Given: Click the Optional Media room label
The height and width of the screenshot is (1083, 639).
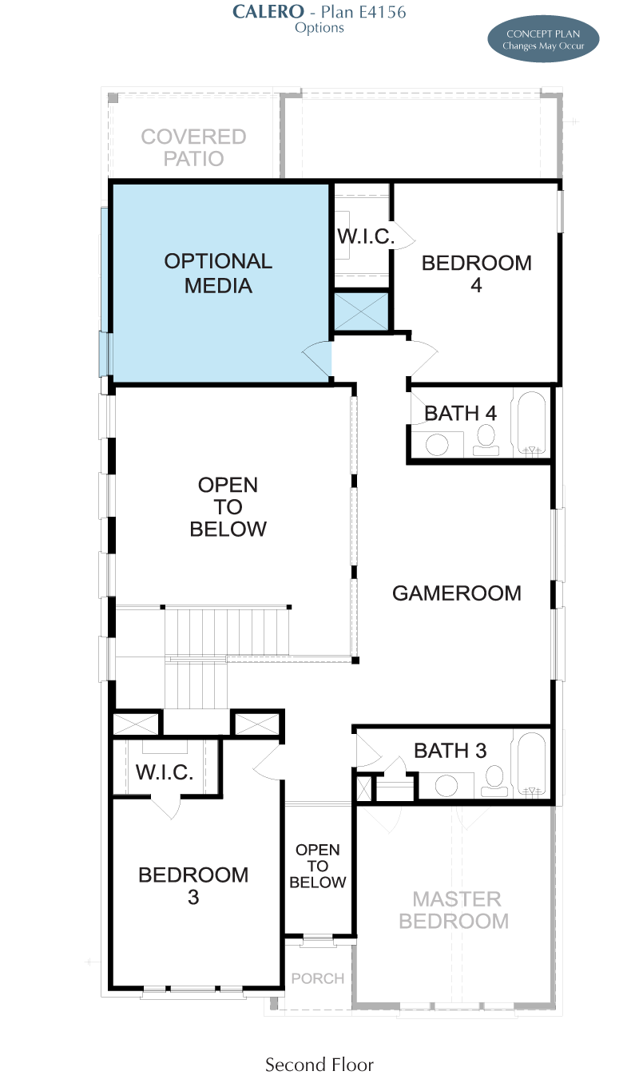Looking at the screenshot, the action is coord(218,273).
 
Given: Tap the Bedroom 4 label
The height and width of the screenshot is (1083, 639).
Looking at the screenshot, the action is coord(477,274).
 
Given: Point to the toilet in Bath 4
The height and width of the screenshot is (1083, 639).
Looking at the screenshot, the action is coord(486,440).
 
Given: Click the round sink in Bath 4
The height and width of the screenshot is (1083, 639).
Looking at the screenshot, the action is coord(437,444).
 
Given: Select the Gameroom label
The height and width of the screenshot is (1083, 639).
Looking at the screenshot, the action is coord(457,593).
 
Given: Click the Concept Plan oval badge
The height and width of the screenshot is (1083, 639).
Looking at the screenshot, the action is coord(543,40).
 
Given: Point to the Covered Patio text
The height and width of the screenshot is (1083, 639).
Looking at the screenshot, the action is coord(194,148).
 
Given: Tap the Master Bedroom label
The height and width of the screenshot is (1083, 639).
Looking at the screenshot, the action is coord(454,910).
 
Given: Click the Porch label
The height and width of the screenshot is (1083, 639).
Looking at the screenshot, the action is coord(318,978).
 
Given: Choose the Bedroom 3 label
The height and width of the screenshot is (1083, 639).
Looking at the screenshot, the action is coord(193,886).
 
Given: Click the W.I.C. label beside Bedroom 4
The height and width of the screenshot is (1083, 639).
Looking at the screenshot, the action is coord(366,236).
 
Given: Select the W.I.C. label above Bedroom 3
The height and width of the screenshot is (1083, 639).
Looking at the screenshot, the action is coord(165,772).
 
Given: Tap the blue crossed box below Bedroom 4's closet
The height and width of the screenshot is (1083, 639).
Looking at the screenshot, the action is coord(361,311).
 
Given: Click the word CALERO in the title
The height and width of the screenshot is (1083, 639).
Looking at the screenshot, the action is coord(268,12).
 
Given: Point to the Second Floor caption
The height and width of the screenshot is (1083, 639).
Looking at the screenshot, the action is coord(319,1065).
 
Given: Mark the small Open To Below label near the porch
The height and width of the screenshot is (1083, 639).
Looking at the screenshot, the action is coord(318,866).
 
